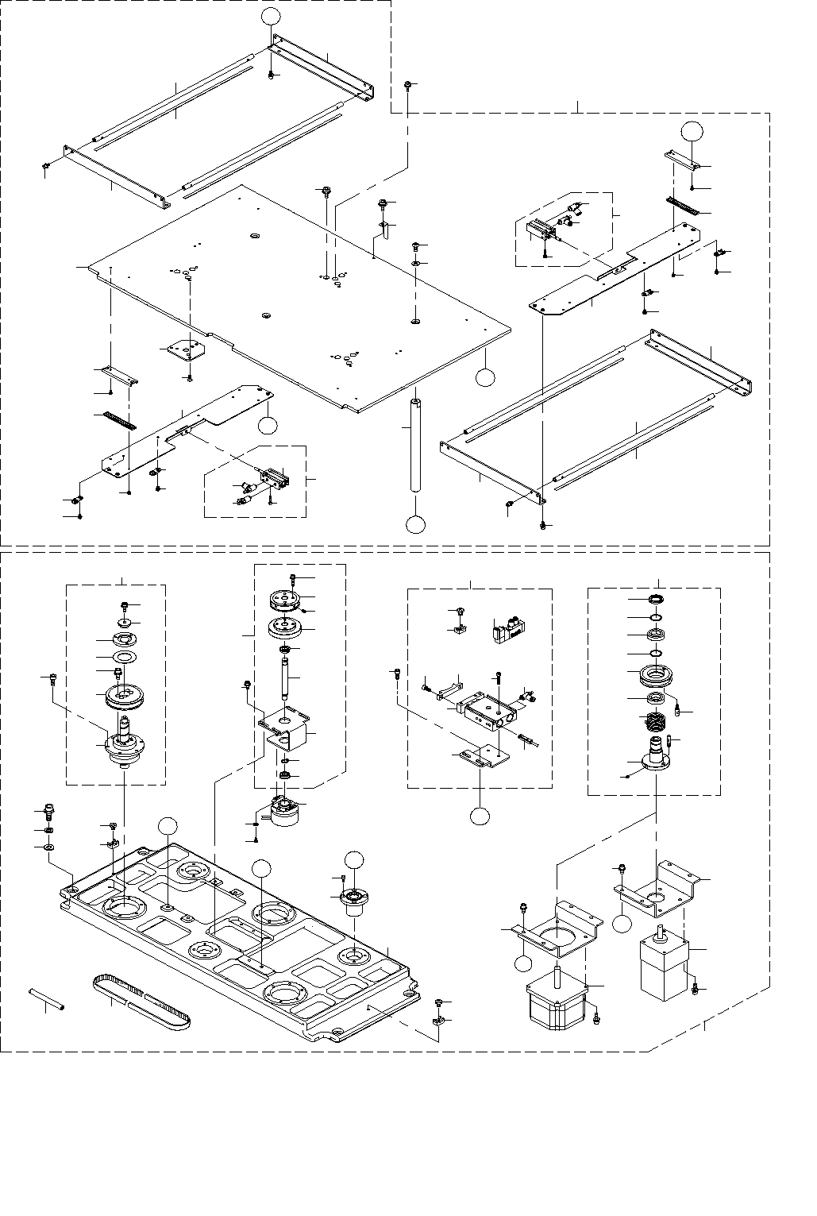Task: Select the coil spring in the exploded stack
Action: [x=654, y=722]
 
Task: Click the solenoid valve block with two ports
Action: [x=506, y=630]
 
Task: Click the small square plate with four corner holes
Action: [x=183, y=349]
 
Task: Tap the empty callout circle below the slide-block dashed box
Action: [x=480, y=816]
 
